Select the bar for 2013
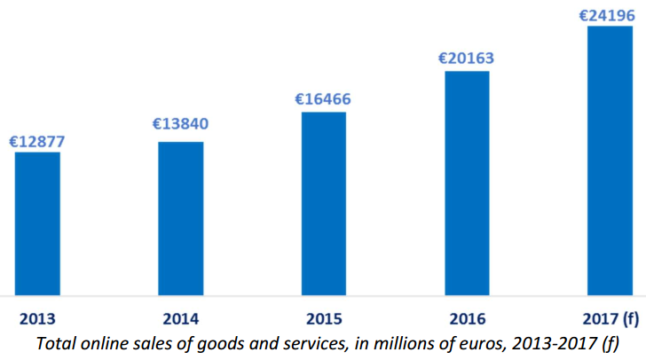pos(37,223)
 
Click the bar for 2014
pos(181,217)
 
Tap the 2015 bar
pos(324,203)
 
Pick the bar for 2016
pos(467,183)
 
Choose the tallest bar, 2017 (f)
pos(610,160)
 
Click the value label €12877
pos(37,141)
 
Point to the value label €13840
pos(181,123)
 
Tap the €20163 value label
pos(467,59)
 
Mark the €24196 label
pos(610,15)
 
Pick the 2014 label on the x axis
pos(181,318)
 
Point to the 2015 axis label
pos(324,318)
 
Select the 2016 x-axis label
pos(467,318)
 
